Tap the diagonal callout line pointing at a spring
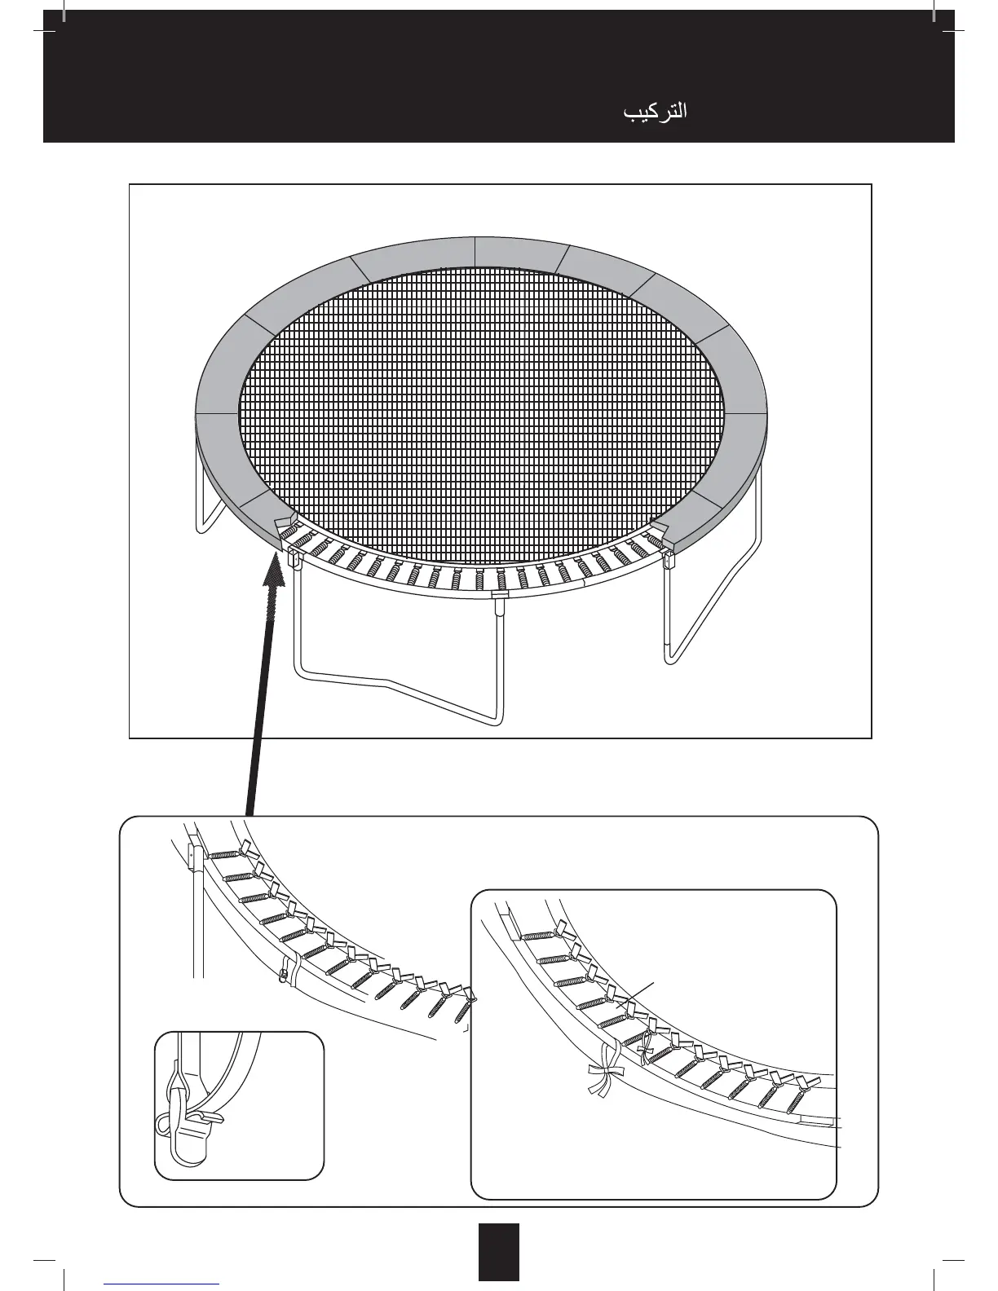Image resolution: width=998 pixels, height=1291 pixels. [x=638, y=997]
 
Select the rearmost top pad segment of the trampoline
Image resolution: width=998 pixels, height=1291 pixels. [x=475, y=251]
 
